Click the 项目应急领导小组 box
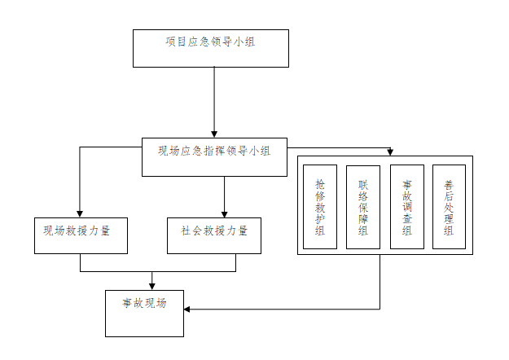click(210, 48)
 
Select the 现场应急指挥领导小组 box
click(215, 156)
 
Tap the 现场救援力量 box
click(81, 235)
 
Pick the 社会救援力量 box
click(214, 235)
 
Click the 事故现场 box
click(144, 313)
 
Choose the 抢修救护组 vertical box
click(320, 207)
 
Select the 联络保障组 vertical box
click(363, 207)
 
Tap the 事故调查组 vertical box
click(406, 207)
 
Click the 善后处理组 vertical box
click(449, 207)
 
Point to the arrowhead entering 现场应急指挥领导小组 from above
click(214, 132)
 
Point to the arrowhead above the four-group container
click(390, 151)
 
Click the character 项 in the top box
click(169, 41)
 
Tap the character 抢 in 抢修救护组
click(320, 185)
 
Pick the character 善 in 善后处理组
click(449, 185)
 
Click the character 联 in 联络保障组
click(363, 185)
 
